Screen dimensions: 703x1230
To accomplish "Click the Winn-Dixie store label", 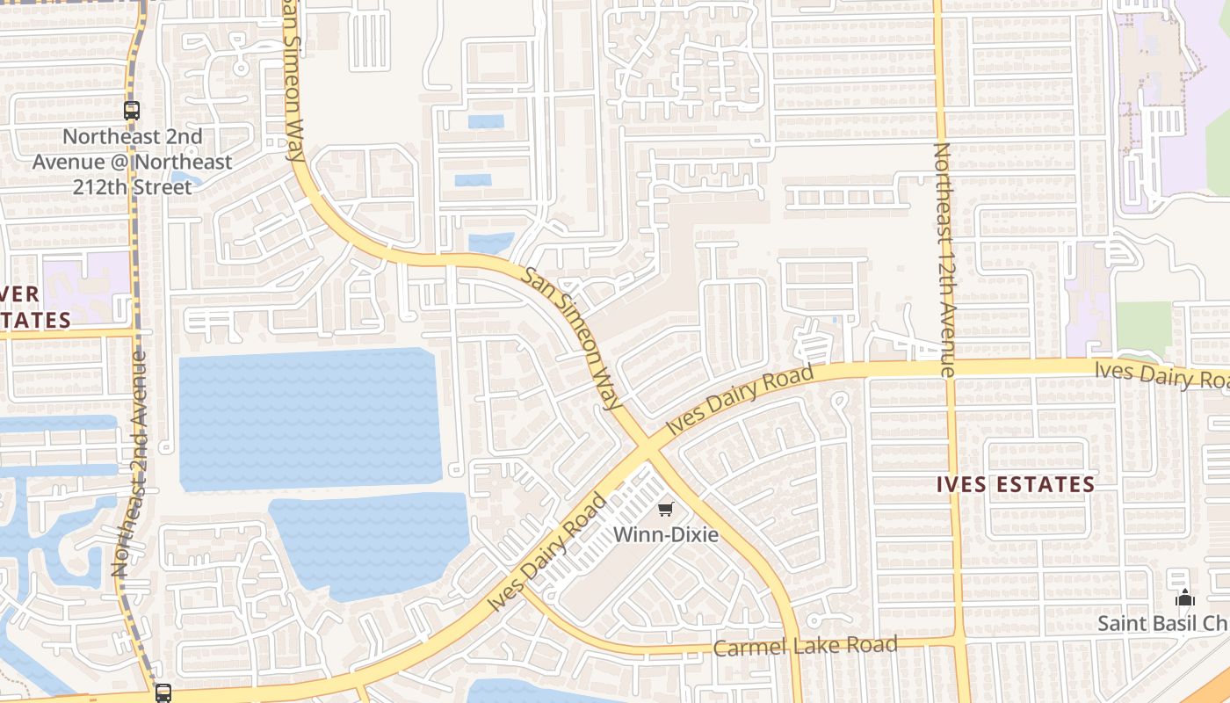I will [665, 534].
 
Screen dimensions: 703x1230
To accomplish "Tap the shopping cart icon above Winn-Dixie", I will [665, 510].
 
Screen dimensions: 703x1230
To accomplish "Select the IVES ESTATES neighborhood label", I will [1016, 484].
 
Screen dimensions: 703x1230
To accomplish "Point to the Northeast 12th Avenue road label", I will [943, 260].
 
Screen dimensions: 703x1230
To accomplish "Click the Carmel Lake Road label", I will [805, 646].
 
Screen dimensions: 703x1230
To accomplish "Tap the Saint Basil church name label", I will [1161, 623].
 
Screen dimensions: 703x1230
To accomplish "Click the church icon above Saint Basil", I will [1185, 598].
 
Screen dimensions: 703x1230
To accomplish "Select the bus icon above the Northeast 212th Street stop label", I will [132, 111].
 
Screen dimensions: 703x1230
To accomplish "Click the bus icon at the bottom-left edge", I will [163, 692].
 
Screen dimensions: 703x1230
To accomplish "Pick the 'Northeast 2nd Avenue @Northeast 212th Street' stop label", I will [133, 162].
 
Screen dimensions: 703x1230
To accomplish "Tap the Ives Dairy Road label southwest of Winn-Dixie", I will [547, 554].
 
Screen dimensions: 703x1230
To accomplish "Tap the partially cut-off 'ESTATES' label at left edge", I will [35, 319].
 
